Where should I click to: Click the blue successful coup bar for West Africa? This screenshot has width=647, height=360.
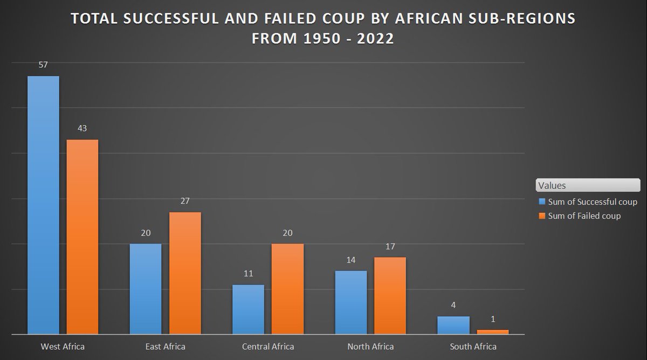click(x=43, y=205)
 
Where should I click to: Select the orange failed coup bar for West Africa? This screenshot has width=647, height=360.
click(x=82, y=237)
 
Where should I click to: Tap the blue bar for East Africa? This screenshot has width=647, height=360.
click(x=146, y=289)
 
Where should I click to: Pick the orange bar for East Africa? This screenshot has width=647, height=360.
click(x=185, y=273)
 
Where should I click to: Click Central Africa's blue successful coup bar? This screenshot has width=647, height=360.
click(x=248, y=309)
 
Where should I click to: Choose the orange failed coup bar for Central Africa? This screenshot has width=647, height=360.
click(x=287, y=289)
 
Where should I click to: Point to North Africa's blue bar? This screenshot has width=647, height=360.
click(x=350, y=302)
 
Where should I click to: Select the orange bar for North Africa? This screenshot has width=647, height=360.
click(x=390, y=295)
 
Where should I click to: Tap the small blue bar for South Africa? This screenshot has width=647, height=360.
click(x=453, y=325)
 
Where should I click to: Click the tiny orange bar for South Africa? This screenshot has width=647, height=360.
click(x=493, y=332)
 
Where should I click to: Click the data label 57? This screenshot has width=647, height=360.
click(x=43, y=65)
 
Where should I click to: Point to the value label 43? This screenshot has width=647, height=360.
click(x=82, y=128)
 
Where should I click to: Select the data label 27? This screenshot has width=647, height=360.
click(x=184, y=201)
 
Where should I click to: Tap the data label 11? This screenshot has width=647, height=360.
click(x=248, y=273)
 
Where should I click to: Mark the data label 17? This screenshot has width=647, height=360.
click(x=390, y=246)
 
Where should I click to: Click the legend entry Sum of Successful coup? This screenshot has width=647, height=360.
click(x=592, y=202)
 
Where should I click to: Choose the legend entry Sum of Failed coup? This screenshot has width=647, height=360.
click(x=584, y=216)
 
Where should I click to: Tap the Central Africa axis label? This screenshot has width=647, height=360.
click(x=268, y=346)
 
